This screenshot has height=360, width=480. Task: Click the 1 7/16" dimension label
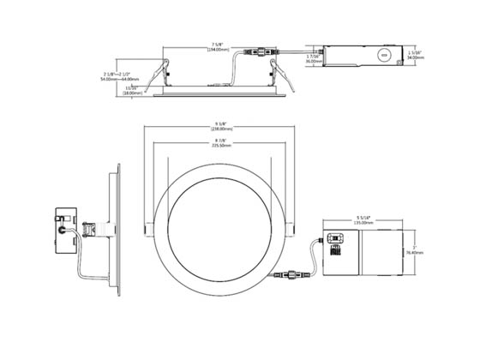point(313,54)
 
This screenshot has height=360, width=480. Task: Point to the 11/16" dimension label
point(131,87)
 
